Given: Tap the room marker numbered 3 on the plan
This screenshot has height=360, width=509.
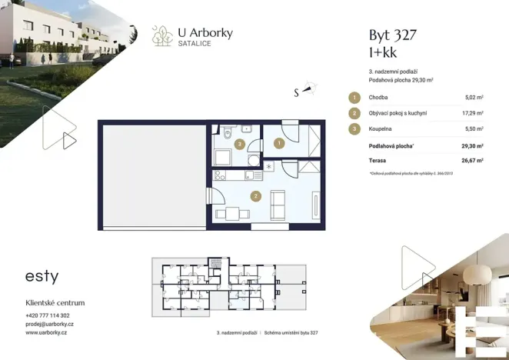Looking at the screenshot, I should [240, 144].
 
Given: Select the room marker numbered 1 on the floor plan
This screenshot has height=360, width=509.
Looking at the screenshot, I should [279, 142].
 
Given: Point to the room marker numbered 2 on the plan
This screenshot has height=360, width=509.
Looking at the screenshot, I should [254, 196].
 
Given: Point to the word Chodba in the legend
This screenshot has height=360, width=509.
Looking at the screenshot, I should [378, 98].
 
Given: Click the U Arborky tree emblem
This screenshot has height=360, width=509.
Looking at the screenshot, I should [163, 35].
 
